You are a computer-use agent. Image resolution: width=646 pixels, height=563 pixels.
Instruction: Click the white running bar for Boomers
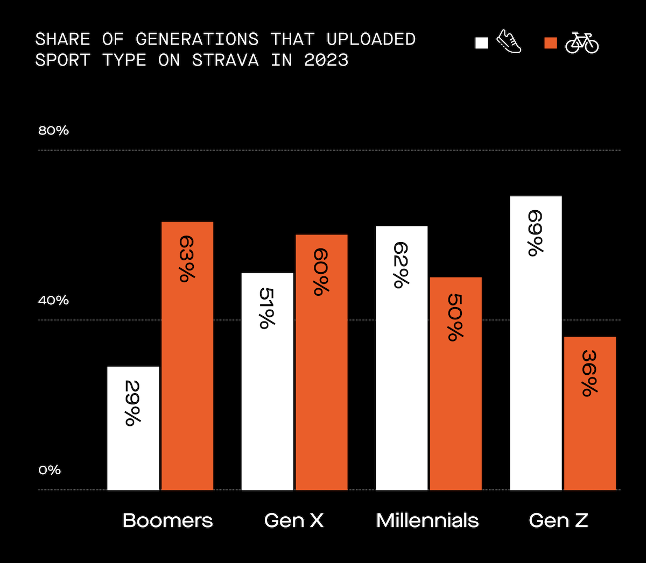[x=133, y=428]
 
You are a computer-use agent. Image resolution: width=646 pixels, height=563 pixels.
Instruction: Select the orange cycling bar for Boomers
[x=187, y=356]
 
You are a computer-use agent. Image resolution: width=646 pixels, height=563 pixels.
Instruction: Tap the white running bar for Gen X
[x=268, y=381]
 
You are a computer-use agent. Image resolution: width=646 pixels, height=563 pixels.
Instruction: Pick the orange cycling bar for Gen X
[x=321, y=362]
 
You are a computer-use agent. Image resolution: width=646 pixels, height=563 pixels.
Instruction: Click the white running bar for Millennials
[x=402, y=358]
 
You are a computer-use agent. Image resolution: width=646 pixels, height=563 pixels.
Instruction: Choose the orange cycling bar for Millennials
[x=455, y=383]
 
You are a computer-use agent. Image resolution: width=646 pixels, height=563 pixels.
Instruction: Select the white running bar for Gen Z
[x=536, y=343]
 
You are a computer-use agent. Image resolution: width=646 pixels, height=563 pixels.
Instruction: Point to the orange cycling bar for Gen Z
[x=590, y=413]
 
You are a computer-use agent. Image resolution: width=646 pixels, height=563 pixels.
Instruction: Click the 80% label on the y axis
[x=53, y=131]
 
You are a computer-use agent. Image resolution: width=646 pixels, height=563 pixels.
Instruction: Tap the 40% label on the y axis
[x=53, y=301]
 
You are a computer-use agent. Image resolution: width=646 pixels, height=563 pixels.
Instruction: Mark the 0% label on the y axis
[x=50, y=471]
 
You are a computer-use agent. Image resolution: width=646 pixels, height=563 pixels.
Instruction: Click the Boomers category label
[x=168, y=521]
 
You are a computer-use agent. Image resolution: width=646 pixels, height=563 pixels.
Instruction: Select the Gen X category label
[x=294, y=521]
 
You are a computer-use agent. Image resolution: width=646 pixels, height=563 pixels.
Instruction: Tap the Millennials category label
[x=427, y=521]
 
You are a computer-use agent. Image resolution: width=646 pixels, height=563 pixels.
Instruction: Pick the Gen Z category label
[x=558, y=521]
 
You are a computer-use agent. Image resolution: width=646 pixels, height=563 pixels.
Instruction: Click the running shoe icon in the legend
[x=509, y=42]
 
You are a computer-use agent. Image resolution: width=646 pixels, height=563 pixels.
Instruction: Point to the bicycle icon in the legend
[x=582, y=43]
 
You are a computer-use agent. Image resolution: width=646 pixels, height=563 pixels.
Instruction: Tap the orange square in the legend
[x=551, y=43]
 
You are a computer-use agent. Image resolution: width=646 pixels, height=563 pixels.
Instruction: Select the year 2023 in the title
[x=326, y=60]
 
